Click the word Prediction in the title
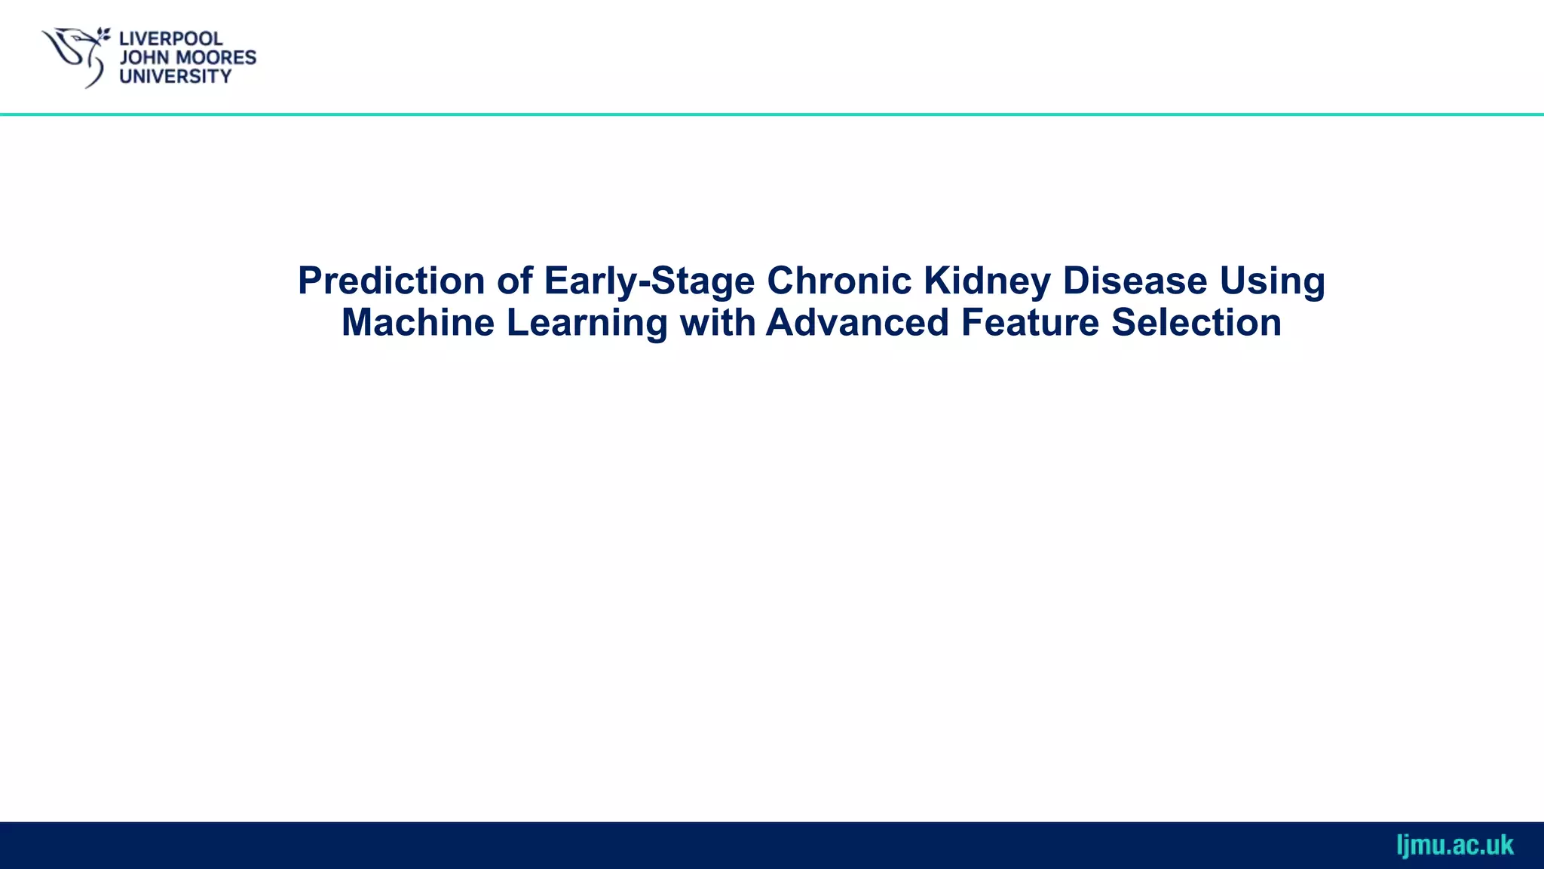(391, 281)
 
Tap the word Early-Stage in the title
(648, 281)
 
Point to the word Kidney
(987, 281)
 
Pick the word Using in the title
(1273, 281)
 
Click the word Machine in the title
(418, 323)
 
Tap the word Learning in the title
(587, 323)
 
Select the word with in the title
(717, 323)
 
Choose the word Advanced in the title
(857, 323)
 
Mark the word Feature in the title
(1030, 323)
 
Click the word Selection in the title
(1196, 323)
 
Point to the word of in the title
(514, 281)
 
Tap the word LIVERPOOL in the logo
(170, 38)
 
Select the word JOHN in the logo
(144, 57)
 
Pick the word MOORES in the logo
(216, 57)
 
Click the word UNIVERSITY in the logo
(175, 76)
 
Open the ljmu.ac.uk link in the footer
(1454, 845)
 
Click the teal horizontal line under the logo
(772, 115)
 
